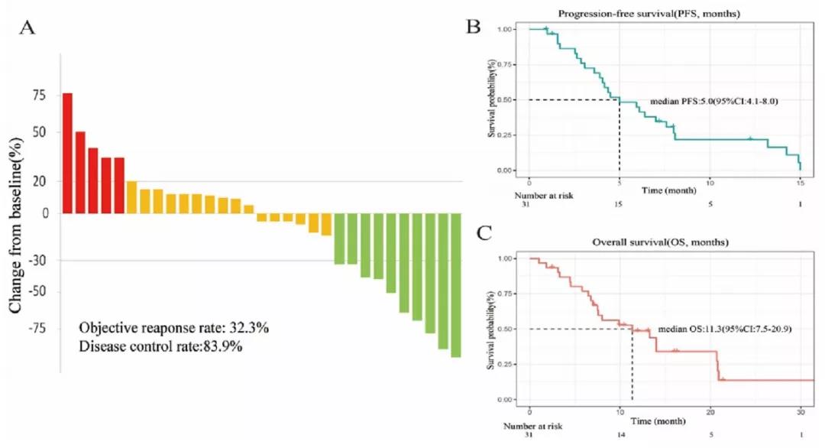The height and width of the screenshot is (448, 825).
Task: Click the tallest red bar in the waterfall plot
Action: pos(67,153)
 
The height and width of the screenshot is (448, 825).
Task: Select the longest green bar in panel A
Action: pos(455,285)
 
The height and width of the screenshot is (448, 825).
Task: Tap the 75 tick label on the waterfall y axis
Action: pos(38,96)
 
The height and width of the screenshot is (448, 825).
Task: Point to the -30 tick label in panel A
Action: pos(36,261)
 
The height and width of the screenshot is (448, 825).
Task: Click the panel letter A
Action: pos(27,28)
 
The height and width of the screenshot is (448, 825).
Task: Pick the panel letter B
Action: pos(474,27)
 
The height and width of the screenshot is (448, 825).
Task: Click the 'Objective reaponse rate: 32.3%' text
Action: pos(173,327)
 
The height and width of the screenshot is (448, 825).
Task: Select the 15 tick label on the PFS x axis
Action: pos(800,182)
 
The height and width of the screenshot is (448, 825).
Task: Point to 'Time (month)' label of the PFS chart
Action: pos(665,189)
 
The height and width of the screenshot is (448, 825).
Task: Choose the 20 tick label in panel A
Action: pos(38,181)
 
